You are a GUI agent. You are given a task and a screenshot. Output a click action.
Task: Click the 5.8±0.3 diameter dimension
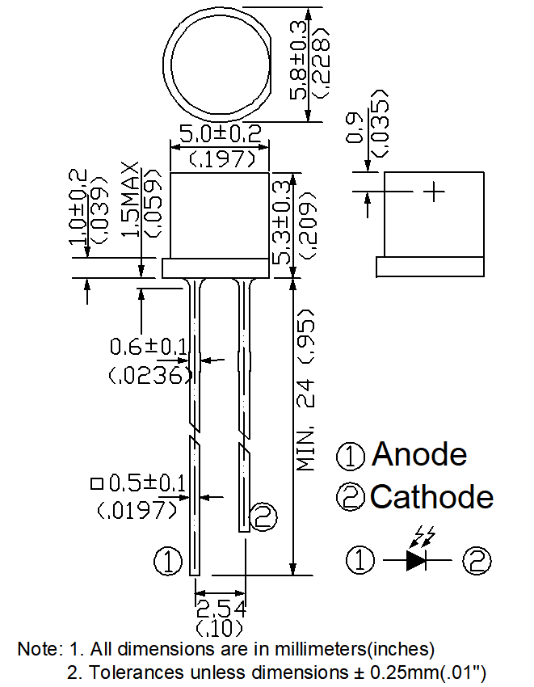click(x=299, y=60)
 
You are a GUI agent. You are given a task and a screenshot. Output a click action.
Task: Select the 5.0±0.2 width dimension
click(x=221, y=133)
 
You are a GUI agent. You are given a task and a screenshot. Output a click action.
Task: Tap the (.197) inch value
click(x=222, y=158)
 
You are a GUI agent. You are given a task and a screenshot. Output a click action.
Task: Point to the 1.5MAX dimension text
click(x=130, y=200)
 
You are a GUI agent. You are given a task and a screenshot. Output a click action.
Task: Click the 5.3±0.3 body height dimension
click(x=281, y=222)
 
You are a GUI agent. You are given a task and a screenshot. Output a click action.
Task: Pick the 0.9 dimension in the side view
click(x=355, y=128)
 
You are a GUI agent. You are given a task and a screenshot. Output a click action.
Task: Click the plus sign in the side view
click(x=434, y=192)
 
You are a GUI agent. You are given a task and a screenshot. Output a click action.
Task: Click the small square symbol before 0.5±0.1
click(x=96, y=483)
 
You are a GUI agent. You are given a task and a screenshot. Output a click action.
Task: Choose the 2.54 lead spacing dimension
click(x=221, y=609)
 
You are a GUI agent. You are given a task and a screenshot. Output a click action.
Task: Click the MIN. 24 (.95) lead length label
click(x=305, y=390)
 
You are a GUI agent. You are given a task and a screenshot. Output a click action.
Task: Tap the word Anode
click(x=419, y=454)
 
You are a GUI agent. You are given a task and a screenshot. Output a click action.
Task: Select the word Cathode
click(x=432, y=497)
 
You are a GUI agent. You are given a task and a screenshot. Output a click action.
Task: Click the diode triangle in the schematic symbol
click(x=415, y=560)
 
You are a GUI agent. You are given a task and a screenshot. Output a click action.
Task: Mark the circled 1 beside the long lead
click(x=168, y=561)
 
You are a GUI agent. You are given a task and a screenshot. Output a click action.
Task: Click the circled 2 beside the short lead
click(x=263, y=517)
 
